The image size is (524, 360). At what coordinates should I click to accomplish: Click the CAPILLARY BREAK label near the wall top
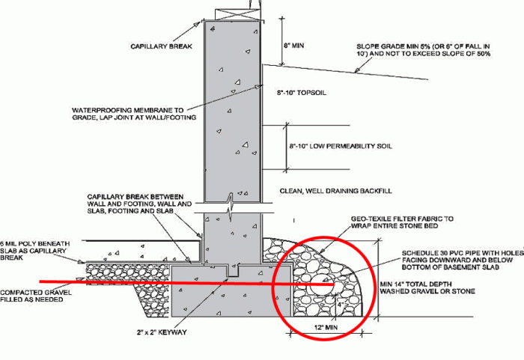(x=162, y=46)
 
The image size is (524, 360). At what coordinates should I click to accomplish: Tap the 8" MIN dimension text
(x=294, y=45)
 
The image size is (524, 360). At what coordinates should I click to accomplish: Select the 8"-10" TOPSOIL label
(x=301, y=93)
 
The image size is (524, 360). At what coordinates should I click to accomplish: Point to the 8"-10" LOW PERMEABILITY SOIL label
(x=341, y=146)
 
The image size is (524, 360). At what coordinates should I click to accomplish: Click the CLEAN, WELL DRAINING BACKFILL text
(x=336, y=191)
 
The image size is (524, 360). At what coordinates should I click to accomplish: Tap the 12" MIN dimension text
(x=326, y=327)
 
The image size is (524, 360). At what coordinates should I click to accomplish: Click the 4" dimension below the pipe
(x=341, y=305)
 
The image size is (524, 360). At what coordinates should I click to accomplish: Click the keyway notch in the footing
(x=233, y=271)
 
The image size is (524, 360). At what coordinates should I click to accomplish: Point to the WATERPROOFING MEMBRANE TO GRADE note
(x=134, y=114)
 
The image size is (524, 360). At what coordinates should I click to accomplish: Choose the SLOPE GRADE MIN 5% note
(x=424, y=50)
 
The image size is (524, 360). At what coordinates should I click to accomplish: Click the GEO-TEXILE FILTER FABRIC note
(x=402, y=222)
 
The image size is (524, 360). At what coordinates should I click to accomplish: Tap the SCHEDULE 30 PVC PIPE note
(x=463, y=260)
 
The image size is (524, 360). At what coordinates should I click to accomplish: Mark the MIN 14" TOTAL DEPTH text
(x=427, y=287)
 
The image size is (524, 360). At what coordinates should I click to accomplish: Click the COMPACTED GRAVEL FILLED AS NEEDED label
(x=36, y=296)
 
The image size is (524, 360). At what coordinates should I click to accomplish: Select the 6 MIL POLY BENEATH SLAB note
(x=34, y=251)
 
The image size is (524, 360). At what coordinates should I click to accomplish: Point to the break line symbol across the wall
(x=231, y=207)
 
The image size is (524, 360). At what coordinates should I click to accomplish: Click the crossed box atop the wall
(x=237, y=14)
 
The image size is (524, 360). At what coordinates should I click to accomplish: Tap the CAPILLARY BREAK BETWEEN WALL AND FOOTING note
(x=139, y=204)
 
